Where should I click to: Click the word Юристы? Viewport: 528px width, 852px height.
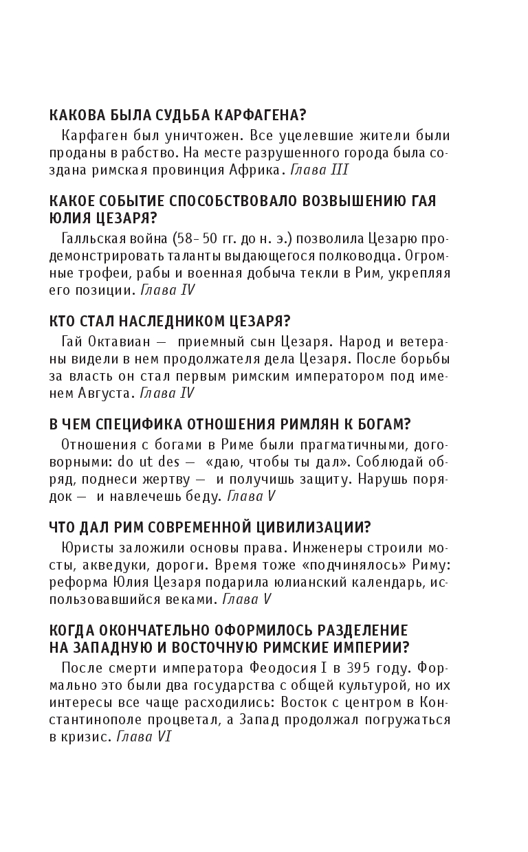pyautogui.click(x=85, y=548)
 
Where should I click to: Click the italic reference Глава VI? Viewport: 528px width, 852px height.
pyautogui.click(x=144, y=737)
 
